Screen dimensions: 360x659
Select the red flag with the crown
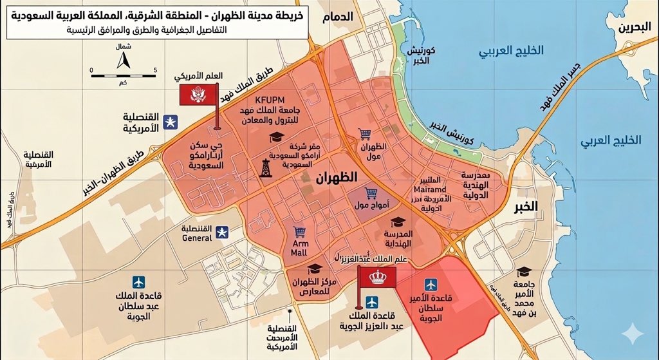[x=376, y=277]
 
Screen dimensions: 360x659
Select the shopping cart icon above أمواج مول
[x=371, y=193]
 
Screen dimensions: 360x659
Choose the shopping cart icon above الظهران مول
[x=364, y=134]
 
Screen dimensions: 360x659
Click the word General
[x=197, y=238]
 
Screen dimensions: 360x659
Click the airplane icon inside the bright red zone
[x=431, y=284]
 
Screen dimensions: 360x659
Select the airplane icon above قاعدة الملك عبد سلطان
[x=138, y=282]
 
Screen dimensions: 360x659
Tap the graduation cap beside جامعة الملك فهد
[x=277, y=137]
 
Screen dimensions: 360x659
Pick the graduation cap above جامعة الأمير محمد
[x=524, y=272]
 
